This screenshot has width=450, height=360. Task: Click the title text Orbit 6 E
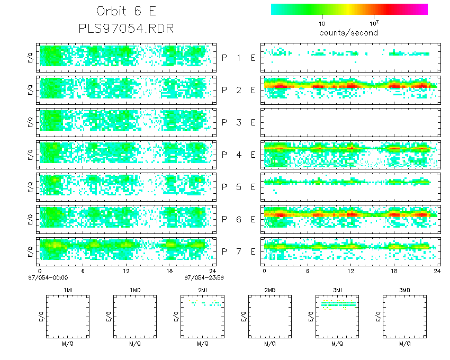[127, 11]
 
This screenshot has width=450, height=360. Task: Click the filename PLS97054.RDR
[126, 29]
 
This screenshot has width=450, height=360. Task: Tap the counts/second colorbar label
[348, 33]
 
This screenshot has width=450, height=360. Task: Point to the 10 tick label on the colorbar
[322, 24]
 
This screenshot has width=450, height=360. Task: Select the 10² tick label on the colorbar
[374, 23]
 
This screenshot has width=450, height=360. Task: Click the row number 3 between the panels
[239, 123]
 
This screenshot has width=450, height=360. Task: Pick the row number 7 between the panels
[239, 251]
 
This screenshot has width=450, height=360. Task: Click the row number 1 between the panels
[239, 58]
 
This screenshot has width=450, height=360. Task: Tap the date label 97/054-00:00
[48, 277]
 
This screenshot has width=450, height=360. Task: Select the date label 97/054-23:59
[204, 277]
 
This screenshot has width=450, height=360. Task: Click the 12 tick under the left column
[126, 271]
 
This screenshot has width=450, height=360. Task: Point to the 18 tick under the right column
[394, 271]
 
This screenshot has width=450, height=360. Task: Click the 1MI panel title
[68, 290]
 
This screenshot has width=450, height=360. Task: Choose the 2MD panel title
[270, 290]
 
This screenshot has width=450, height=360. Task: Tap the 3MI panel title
[337, 290]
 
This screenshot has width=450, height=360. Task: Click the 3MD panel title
[404, 290]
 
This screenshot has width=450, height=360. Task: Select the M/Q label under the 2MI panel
[203, 344]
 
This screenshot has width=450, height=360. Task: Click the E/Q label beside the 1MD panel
[109, 317]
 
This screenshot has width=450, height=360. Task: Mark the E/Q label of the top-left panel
[30, 58]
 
